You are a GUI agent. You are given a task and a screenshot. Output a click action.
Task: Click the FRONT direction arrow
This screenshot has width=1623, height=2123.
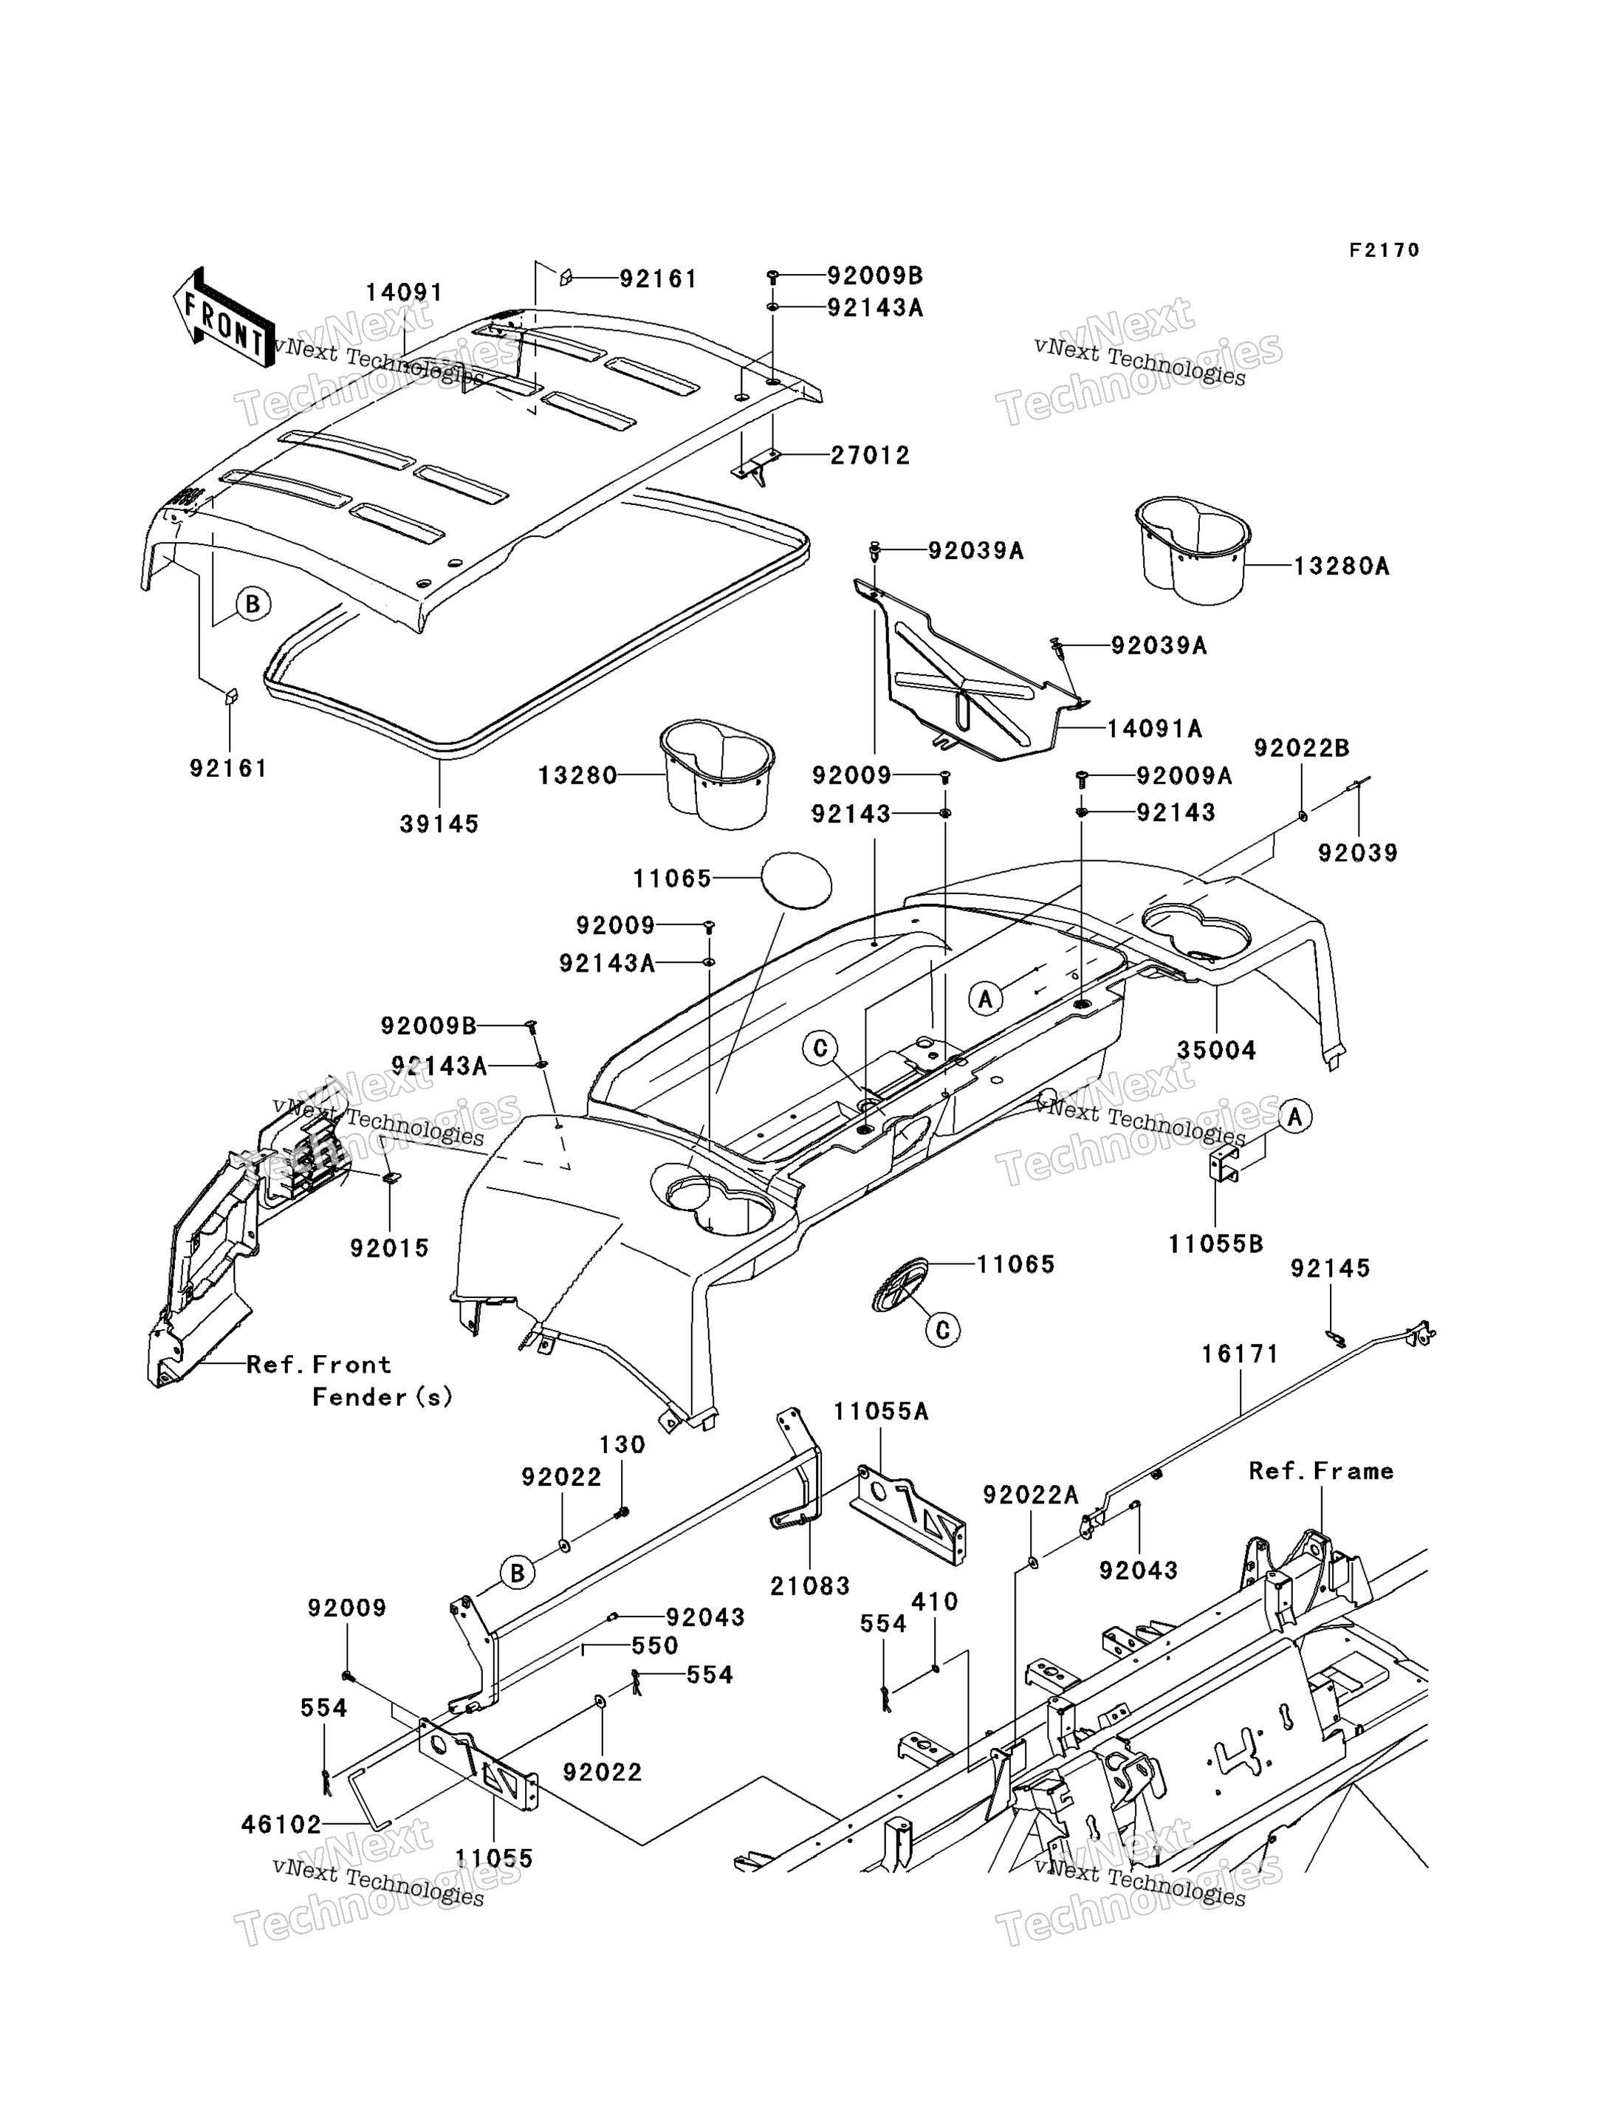[223, 317]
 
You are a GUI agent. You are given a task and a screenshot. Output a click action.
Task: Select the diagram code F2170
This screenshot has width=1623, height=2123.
[1384, 250]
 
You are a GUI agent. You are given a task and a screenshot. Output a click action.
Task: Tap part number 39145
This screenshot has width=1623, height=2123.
[439, 824]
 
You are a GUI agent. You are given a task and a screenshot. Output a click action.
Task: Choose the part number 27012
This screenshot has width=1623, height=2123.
[871, 455]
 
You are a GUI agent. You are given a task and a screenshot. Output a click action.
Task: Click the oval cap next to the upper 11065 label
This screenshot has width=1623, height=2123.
[796, 880]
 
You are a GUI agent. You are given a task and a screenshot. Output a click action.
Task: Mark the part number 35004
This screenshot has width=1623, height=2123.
[1216, 1050]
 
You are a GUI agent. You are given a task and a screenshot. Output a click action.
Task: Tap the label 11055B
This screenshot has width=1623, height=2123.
[1215, 1244]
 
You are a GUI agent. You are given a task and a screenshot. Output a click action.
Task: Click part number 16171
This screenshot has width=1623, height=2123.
[1240, 1354]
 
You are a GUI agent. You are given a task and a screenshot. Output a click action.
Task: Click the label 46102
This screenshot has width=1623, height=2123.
[281, 1825]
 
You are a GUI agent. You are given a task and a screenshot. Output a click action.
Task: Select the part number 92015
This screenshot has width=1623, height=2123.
[389, 1248]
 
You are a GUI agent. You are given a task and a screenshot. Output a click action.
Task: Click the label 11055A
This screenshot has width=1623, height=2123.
[881, 1412]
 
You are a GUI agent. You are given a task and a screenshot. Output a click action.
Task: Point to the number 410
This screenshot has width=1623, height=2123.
[934, 1602]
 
